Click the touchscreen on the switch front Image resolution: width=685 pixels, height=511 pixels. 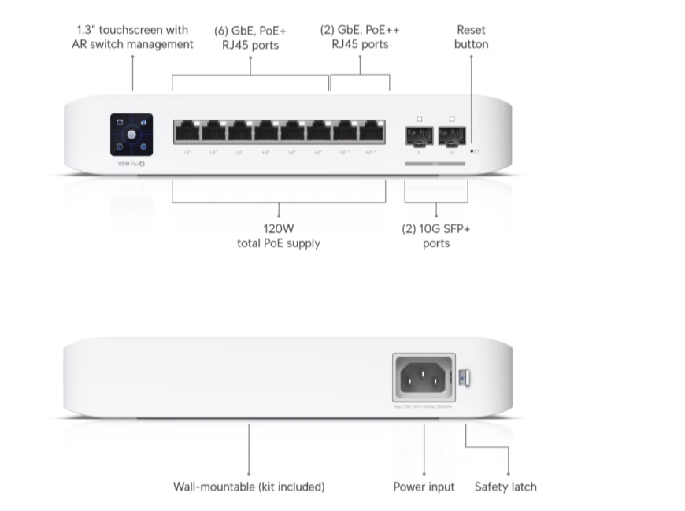tap(131, 135)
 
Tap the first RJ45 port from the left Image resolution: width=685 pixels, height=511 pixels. tap(187, 131)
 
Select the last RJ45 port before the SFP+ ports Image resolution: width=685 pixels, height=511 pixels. tap(372, 131)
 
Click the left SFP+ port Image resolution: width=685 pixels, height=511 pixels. tap(419, 135)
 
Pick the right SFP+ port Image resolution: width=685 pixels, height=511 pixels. tap(452, 135)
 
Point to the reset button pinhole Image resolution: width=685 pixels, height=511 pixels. tap(472, 150)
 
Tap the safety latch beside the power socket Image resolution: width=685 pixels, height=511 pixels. tap(465, 378)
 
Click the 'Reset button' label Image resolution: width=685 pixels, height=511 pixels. tap(471, 37)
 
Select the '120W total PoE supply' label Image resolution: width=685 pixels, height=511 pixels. tap(279, 236)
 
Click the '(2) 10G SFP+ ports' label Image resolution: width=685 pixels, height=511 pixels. tap(435, 236)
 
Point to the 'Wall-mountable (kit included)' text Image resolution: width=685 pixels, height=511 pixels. tap(249, 487)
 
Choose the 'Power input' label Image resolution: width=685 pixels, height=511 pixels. tap(424, 487)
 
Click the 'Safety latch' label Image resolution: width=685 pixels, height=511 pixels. tap(505, 487)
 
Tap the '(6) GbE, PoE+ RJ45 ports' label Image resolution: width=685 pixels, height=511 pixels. tap(250, 37)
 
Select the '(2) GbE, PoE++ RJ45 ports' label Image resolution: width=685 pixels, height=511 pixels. tap(360, 37)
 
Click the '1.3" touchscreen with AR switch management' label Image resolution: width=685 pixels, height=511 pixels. tap(132, 37)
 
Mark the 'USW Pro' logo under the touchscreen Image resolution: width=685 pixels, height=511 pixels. tap(131, 164)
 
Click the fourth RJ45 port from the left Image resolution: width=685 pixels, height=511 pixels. tap(266, 131)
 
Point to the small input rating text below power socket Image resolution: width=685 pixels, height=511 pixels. tap(424, 407)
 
